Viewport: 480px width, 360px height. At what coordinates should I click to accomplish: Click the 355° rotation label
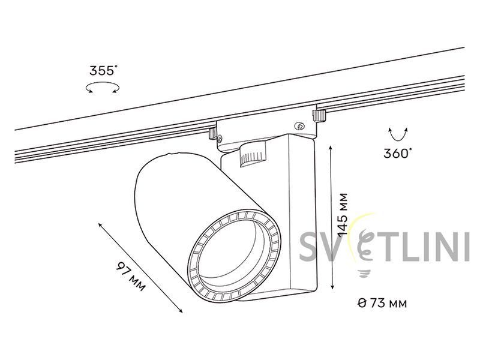(103, 70)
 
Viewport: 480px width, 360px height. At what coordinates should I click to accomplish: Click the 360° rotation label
(398, 153)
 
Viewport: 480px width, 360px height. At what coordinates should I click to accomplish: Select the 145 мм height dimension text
(343, 215)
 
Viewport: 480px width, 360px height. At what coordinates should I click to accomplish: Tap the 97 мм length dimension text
(130, 277)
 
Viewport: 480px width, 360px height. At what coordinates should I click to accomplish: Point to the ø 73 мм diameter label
(382, 303)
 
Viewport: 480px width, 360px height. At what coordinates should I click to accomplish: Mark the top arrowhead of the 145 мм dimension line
(331, 148)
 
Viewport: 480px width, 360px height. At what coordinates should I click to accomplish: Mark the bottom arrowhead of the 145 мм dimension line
(333, 287)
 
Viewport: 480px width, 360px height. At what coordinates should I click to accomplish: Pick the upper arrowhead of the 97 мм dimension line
(100, 225)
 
